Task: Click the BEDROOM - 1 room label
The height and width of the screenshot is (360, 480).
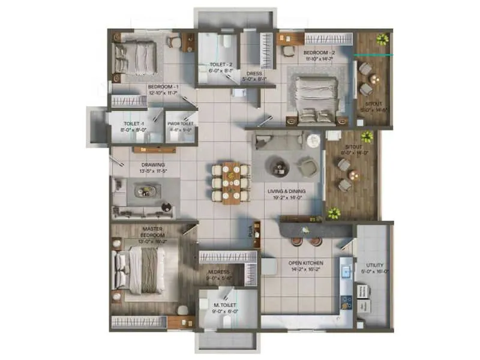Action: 163,86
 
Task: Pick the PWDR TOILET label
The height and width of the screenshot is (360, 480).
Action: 180,124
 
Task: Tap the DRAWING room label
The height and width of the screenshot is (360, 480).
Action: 153,165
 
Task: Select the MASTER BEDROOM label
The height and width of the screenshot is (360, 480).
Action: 153,231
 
